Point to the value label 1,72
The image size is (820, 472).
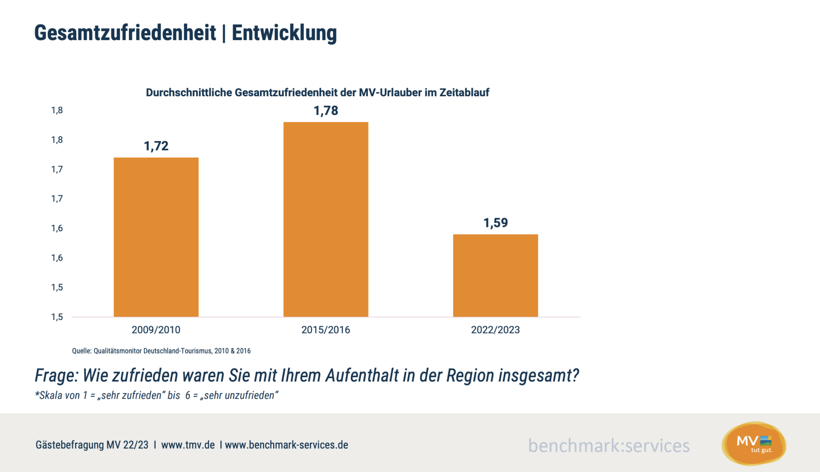(x=156, y=146)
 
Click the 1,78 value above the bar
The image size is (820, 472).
(x=326, y=111)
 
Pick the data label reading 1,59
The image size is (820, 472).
(x=495, y=223)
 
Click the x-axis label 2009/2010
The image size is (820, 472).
(x=156, y=330)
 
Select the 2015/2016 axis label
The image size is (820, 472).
(x=326, y=330)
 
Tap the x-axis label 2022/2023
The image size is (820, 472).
(x=495, y=330)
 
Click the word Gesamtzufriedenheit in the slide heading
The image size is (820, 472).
(x=125, y=33)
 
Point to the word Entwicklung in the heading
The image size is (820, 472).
(x=284, y=33)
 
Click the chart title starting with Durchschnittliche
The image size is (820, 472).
(x=318, y=93)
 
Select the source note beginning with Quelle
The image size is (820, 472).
(x=161, y=351)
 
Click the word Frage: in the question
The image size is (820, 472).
(x=56, y=376)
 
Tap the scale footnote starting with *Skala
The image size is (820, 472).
(x=157, y=396)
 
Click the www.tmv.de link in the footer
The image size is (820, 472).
(x=188, y=445)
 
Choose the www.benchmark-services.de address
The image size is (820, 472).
(x=286, y=445)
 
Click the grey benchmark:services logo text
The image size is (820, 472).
(x=609, y=446)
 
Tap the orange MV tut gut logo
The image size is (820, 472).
(x=754, y=443)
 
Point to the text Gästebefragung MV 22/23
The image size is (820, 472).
(x=92, y=445)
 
